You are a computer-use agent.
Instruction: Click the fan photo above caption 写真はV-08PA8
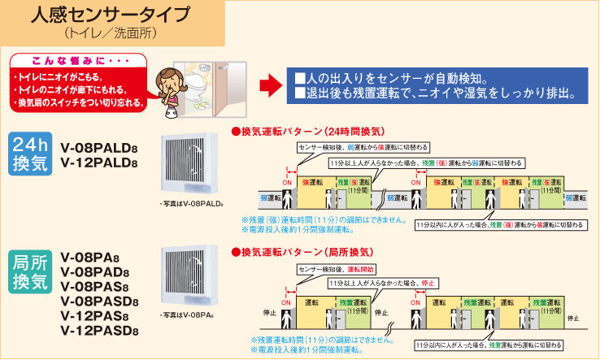point(191,275)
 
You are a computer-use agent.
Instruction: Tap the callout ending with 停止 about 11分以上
point(383,284)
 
